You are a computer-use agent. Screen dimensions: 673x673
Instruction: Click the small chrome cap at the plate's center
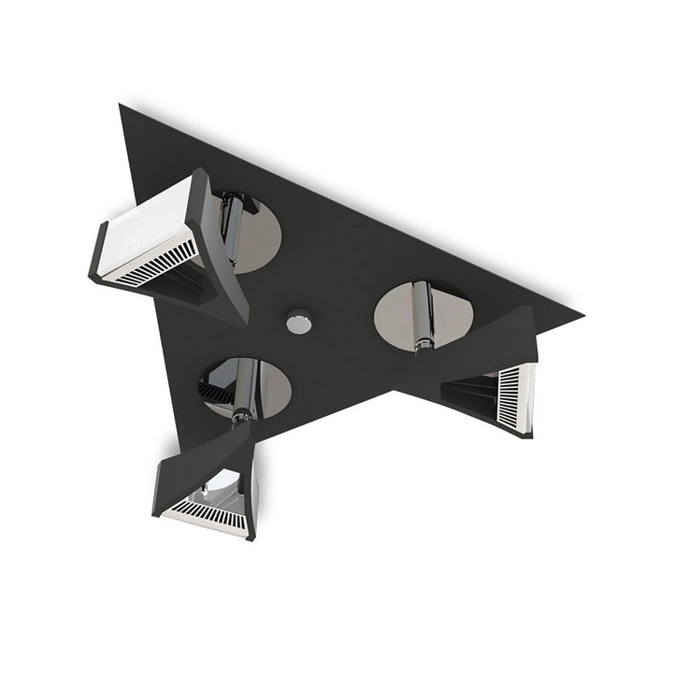click(x=299, y=322)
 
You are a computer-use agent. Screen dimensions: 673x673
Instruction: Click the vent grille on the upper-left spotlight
click(x=154, y=265)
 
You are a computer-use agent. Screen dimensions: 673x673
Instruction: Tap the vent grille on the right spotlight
click(x=508, y=396)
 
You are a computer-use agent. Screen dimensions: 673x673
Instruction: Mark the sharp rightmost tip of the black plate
click(x=580, y=316)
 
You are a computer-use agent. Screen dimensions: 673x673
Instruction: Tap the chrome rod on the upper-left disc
click(x=230, y=220)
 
